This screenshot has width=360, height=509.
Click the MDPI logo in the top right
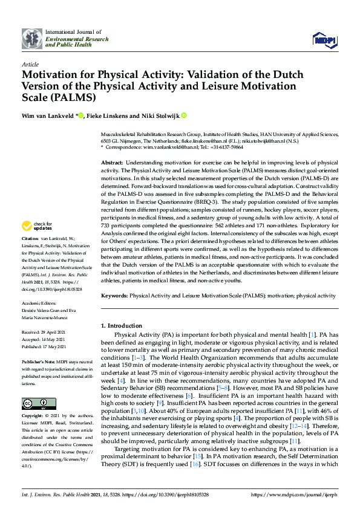click(324, 40)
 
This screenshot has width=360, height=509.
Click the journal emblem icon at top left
click(31, 39)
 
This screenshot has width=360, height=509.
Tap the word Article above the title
click(30, 63)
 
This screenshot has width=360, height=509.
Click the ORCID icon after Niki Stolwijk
click(184, 115)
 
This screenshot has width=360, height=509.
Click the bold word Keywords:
click(114, 296)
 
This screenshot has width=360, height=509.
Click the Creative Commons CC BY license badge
click(35, 403)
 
